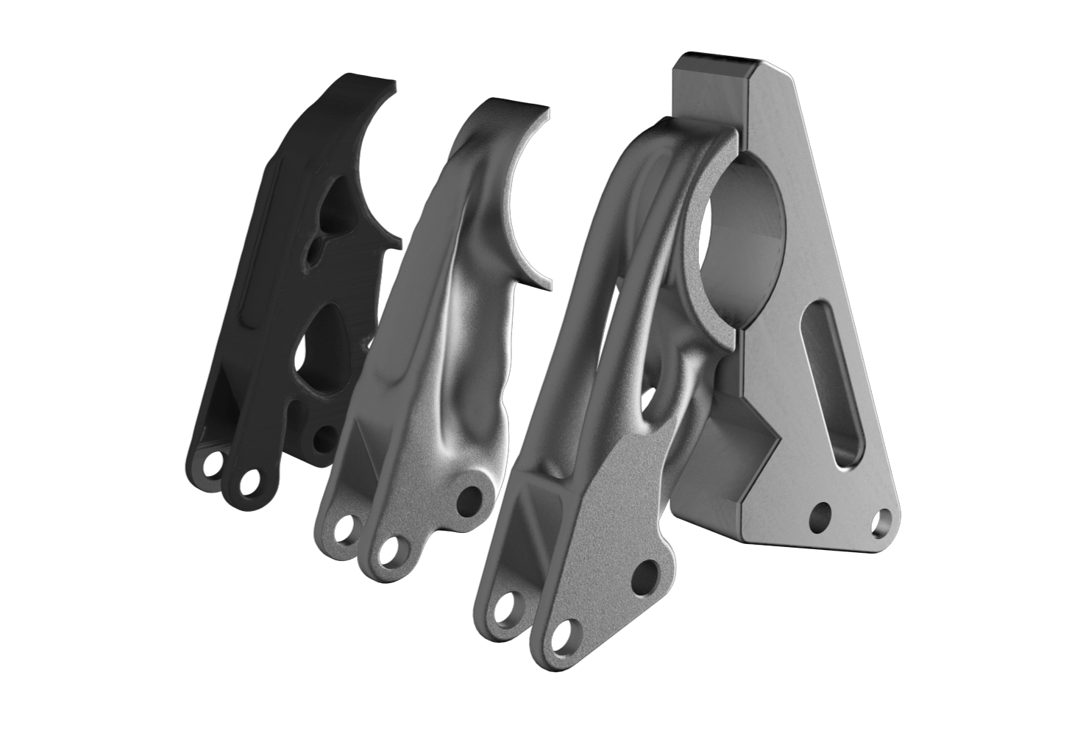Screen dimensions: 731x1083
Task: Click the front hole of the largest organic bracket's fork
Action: (x=563, y=638)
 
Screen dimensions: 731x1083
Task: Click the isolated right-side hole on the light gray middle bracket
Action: (x=466, y=501)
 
